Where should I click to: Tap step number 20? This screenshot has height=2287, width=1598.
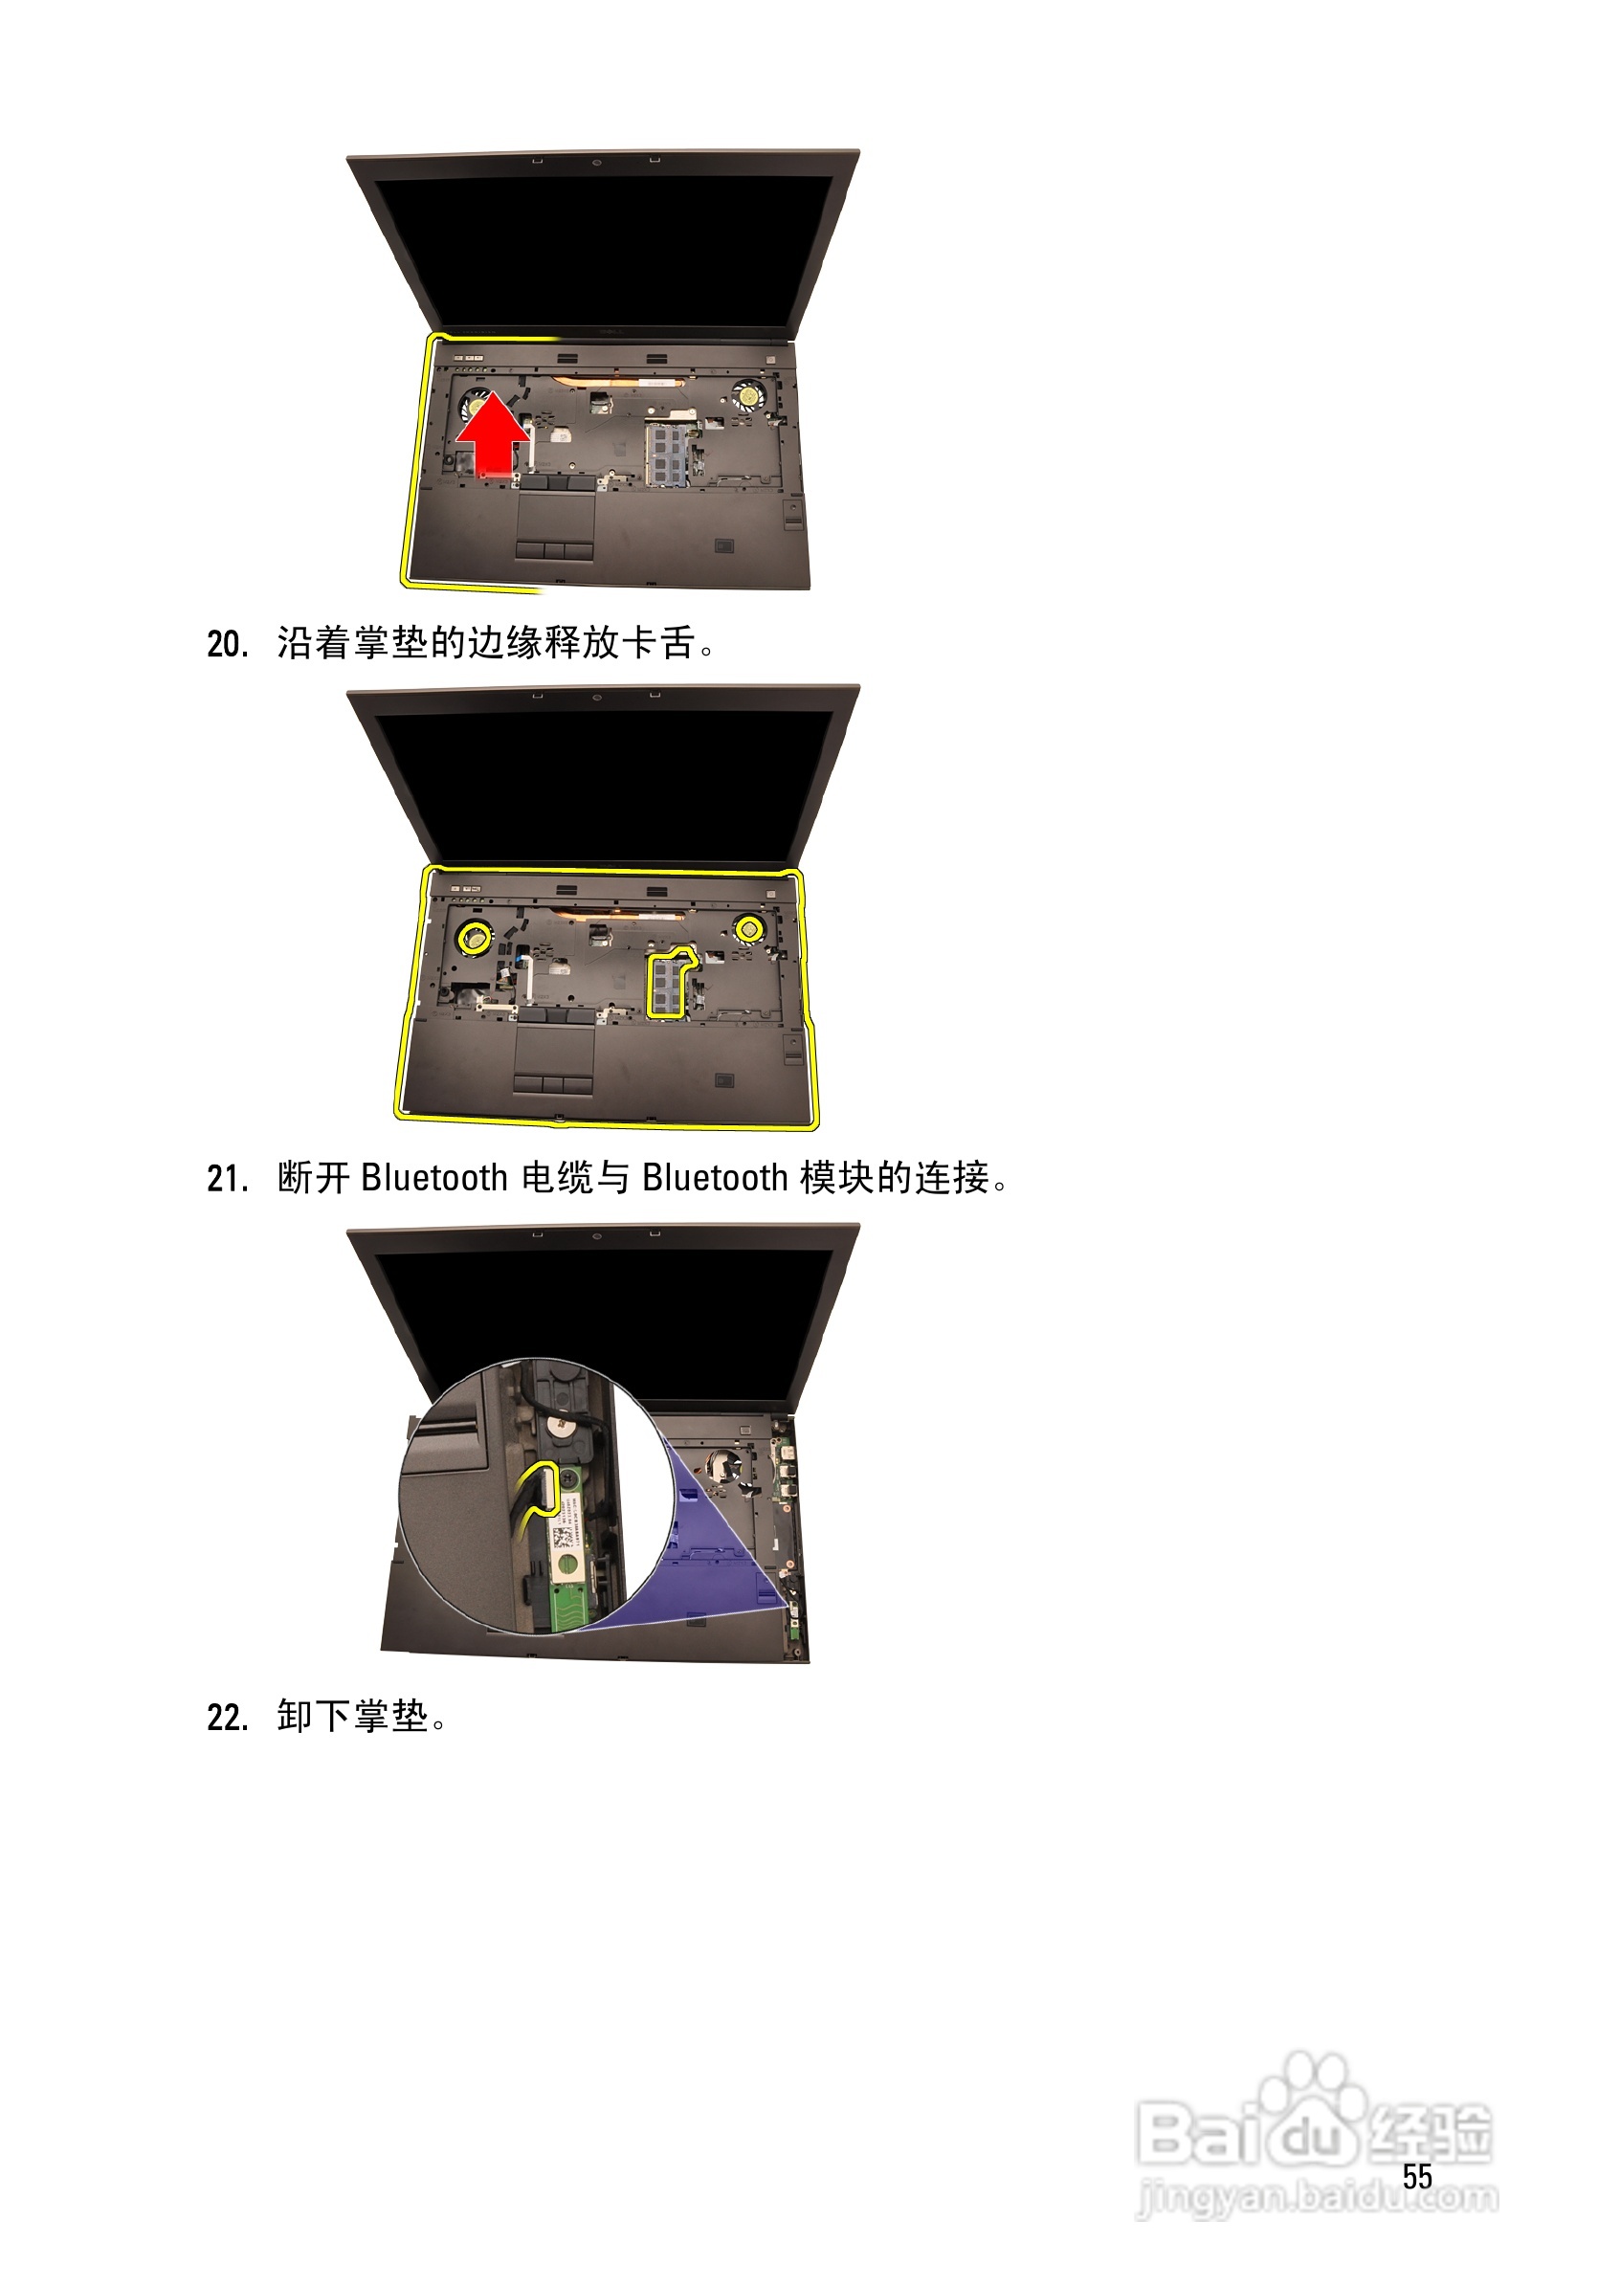227,644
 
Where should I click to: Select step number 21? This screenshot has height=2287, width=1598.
227,1179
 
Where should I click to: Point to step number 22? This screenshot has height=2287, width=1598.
227,1718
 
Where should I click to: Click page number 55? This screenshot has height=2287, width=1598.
1417,2176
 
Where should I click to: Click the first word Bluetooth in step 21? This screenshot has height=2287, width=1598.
434,1178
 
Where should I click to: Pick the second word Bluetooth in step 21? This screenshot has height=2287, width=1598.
716,1178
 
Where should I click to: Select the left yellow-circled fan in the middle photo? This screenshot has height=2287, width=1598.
475,935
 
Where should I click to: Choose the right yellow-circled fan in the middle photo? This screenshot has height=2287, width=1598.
749,929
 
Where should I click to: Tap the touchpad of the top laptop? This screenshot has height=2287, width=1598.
555,517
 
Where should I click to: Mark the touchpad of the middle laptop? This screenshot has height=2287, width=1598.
554,1050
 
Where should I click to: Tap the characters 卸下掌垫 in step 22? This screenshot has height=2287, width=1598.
353,1717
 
